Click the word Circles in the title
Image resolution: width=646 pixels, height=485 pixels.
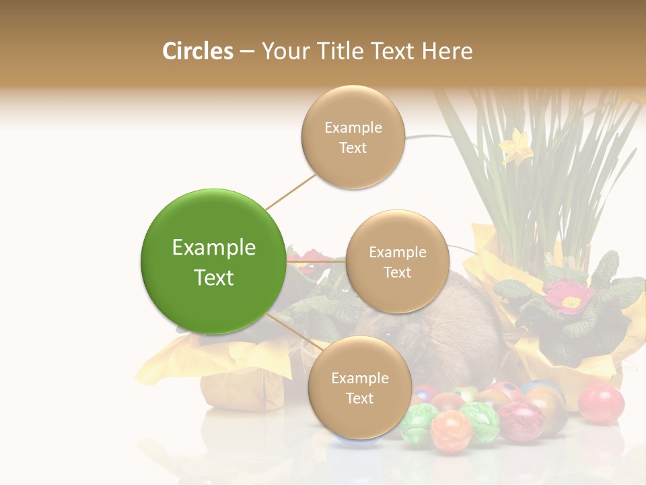(197, 51)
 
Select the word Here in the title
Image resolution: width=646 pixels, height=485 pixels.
(447, 51)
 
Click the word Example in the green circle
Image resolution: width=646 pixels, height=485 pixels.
(214, 248)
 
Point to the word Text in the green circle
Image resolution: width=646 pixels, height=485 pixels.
(214, 278)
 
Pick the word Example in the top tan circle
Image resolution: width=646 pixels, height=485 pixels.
(353, 128)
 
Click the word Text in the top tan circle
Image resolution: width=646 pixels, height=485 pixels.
(353, 148)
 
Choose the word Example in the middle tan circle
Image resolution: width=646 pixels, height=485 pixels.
(398, 253)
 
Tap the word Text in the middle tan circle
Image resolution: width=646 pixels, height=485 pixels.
(398, 273)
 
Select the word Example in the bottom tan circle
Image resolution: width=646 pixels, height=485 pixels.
(360, 379)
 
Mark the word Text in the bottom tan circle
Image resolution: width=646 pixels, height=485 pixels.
(360, 399)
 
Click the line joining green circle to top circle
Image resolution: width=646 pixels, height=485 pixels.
(291, 191)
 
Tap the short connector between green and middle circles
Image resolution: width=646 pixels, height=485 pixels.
(316, 261)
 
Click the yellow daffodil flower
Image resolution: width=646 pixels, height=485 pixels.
(517, 146)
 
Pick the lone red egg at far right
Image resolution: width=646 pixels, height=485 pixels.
(601, 403)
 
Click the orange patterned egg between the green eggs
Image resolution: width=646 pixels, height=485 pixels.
(451, 430)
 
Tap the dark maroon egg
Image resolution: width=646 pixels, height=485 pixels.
(520, 422)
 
